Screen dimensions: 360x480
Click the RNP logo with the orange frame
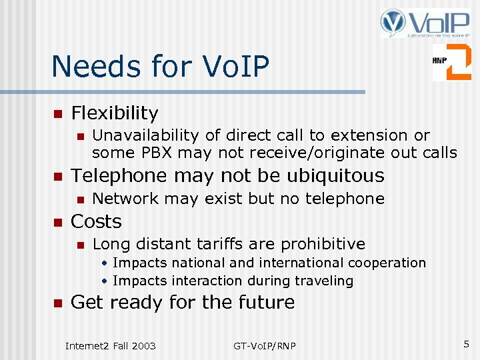pyautogui.click(x=451, y=62)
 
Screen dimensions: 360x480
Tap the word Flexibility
pyautogui.click(x=115, y=113)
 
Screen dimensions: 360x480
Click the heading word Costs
pyautogui.click(x=96, y=221)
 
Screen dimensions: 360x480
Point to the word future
pyautogui.click(x=265, y=302)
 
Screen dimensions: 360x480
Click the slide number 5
pyautogui.click(x=466, y=344)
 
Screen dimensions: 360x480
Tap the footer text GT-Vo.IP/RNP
pyautogui.click(x=265, y=345)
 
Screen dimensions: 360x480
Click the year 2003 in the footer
pyautogui.click(x=143, y=345)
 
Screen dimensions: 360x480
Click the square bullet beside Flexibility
pyautogui.click(x=57, y=113)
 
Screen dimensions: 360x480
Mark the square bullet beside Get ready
pyautogui.click(x=57, y=303)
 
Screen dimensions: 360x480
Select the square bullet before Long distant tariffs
pyautogui.click(x=80, y=245)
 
